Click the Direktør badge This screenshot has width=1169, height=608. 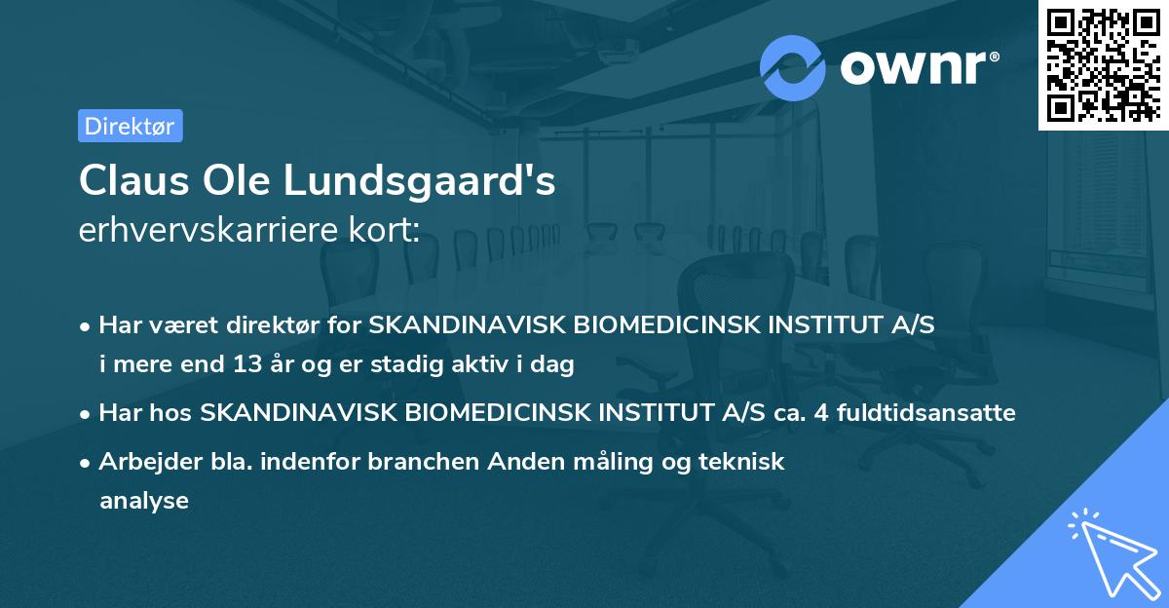click(x=130, y=126)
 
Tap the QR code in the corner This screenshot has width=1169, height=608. click(x=1102, y=64)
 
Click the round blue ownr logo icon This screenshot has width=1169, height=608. click(x=793, y=67)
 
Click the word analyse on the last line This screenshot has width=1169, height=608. click(x=143, y=501)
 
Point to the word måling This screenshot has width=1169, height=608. click(x=632, y=462)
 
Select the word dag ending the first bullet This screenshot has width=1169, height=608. click(x=554, y=365)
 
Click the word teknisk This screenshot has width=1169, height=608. click(x=743, y=462)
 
